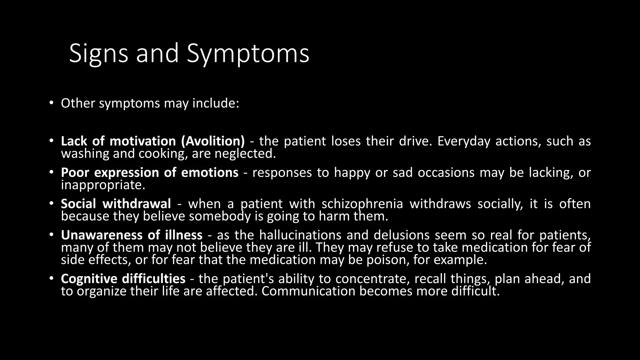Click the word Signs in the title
[x=98, y=53]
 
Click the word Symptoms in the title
[x=248, y=53]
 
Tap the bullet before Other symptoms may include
[x=51, y=103]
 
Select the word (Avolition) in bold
[x=213, y=141]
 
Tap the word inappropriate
[x=103, y=185]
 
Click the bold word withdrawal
[x=137, y=204]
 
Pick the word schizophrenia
[x=362, y=204]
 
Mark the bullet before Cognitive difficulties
[x=51, y=278]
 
